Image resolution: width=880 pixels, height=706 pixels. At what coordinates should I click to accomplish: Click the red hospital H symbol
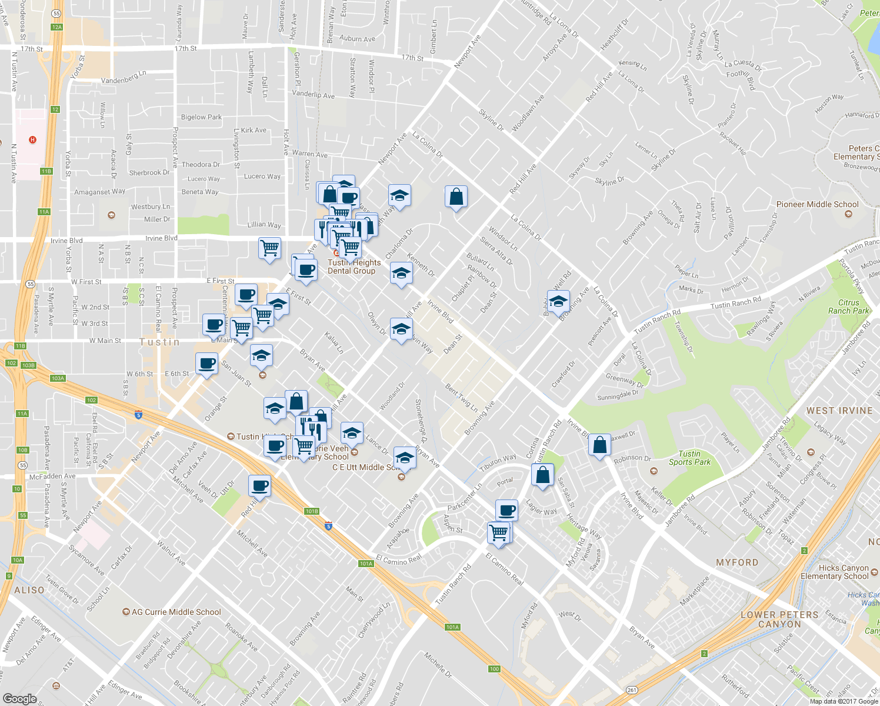tap(33, 139)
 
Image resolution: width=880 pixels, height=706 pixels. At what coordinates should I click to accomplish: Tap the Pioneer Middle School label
tap(817, 204)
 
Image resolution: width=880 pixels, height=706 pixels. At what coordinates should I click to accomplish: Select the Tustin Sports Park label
tap(689, 458)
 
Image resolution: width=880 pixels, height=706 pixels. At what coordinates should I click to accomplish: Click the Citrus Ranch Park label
tap(848, 307)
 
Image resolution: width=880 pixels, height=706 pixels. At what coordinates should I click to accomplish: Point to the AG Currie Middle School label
tap(176, 612)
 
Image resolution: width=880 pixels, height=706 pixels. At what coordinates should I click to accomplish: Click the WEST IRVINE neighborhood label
tap(839, 411)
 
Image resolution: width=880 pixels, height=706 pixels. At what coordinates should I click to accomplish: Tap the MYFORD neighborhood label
tap(737, 562)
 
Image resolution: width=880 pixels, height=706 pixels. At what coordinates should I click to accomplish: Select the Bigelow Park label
tap(201, 117)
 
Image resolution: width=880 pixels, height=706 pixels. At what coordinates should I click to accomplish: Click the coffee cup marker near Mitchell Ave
tap(259, 486)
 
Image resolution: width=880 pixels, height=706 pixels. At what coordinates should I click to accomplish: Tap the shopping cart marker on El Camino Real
tap(499, 532)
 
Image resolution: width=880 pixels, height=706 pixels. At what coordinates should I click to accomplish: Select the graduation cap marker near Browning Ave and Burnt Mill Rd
tap(558, 301)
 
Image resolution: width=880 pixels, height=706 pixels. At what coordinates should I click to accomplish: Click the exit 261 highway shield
tap(632, 690)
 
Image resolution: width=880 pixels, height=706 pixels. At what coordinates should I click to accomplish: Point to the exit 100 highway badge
tap(494, 669)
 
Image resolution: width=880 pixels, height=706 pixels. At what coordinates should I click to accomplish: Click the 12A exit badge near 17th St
tap(56, 27)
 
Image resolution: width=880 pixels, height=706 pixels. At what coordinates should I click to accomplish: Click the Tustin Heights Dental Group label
tap(352, 267)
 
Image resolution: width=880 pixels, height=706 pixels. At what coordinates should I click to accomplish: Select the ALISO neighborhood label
tap(29, 590)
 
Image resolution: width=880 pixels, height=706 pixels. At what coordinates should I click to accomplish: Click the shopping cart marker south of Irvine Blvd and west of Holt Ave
tap(269, 248)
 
